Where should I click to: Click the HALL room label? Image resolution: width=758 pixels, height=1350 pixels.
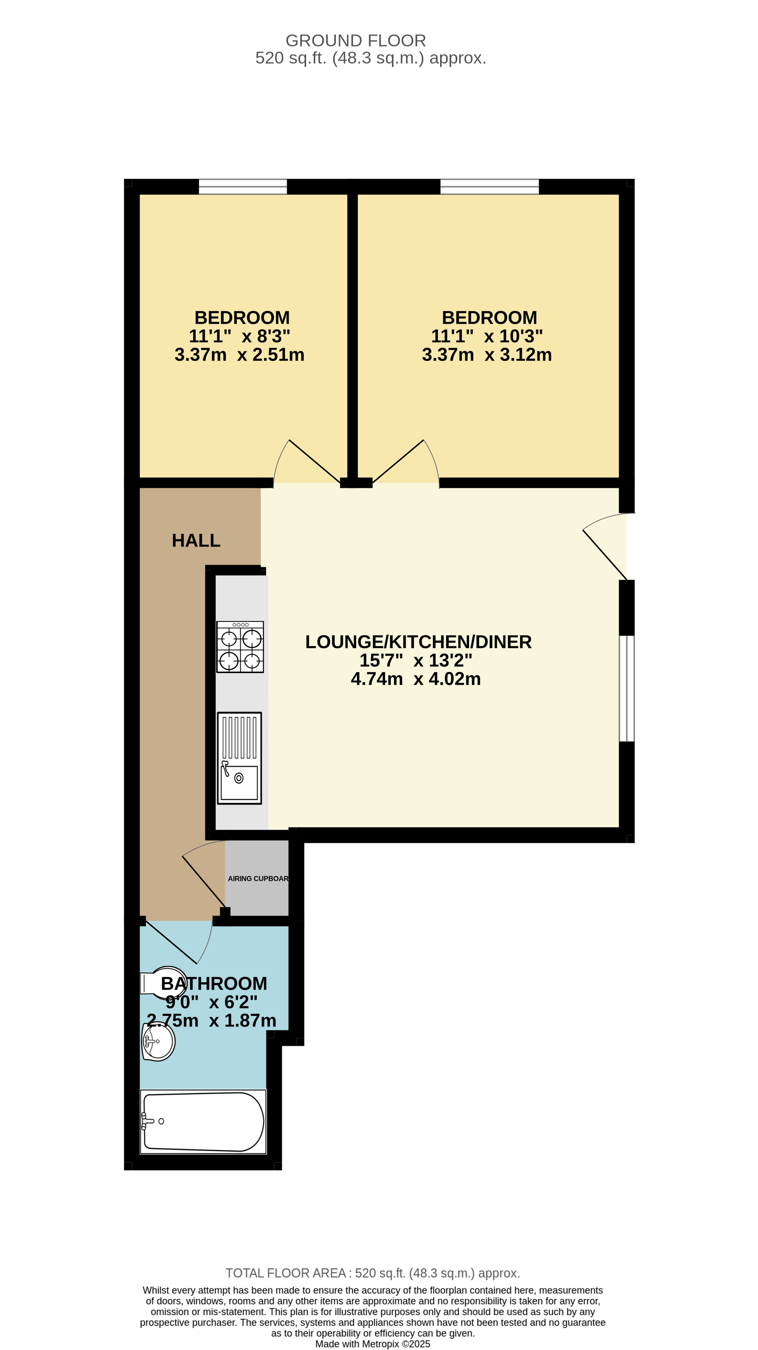pos(196,540)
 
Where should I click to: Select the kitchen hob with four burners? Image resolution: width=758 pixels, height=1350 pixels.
pos(240,647)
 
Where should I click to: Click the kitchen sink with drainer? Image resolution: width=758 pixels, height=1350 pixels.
pos(239,758)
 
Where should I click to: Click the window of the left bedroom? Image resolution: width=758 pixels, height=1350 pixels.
pos(243,187)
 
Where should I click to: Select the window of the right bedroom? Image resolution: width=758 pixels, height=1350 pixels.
pos(489,187)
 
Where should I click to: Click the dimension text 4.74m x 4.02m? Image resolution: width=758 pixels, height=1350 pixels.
pos(416,679)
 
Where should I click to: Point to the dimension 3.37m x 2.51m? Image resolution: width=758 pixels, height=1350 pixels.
pos(240,355)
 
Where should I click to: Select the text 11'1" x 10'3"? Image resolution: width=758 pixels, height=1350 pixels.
pos(487,336)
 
